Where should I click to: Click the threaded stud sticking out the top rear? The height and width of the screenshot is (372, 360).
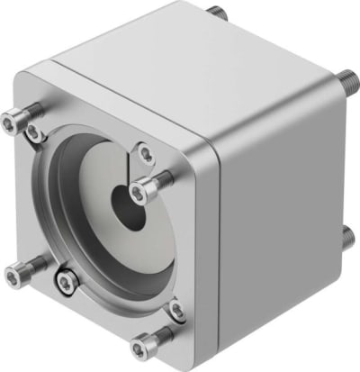(x=216, y=14)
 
